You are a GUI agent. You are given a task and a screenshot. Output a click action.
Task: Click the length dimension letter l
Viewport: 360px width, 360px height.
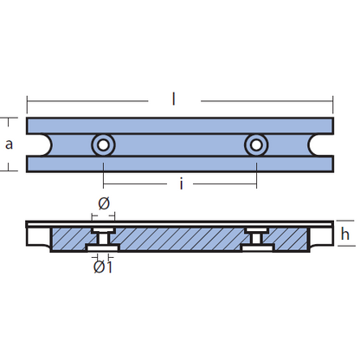coord(173,100)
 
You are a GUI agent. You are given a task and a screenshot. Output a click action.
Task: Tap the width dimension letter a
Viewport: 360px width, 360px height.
coord(9,144)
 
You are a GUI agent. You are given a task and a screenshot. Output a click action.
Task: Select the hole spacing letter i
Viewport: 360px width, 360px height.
coord(181,184)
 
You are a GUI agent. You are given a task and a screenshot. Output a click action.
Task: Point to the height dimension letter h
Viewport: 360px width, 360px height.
coord(344,234)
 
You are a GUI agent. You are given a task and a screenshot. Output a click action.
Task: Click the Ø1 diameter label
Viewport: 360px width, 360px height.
coord(103,267)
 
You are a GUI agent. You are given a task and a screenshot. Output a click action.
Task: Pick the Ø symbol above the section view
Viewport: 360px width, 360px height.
coord(104,203)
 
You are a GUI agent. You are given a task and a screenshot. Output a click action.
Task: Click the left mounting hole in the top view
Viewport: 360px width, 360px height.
coord(103,145)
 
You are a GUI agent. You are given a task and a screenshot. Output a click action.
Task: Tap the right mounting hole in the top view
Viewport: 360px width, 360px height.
coord(256,145)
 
